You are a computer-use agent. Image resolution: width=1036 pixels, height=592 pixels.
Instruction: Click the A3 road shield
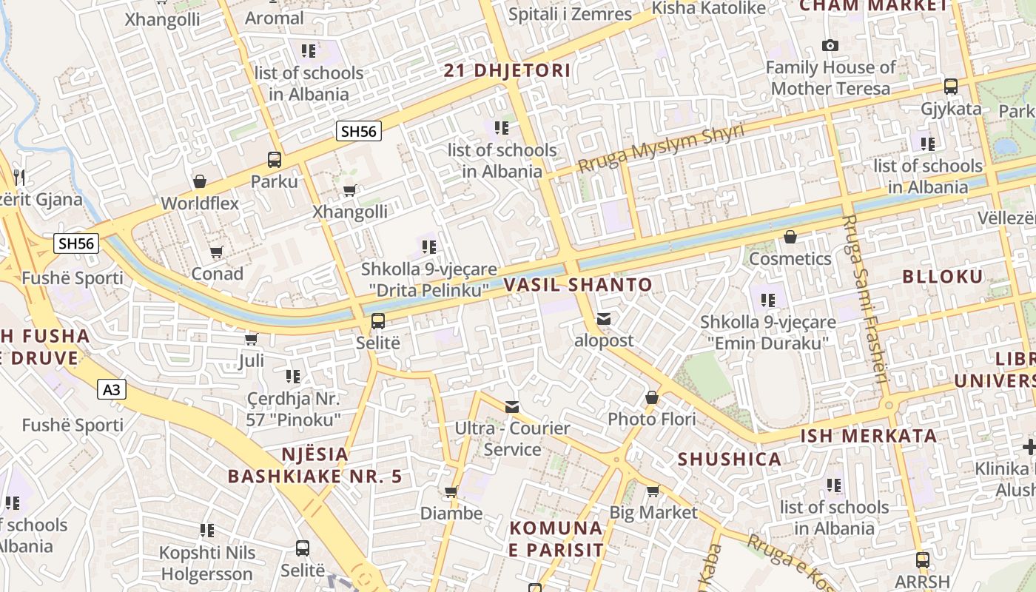(x=111, y=389)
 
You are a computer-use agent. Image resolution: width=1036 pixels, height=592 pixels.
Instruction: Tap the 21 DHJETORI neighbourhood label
(x=507, y=70)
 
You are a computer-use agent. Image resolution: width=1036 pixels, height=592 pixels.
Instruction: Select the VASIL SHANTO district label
(x=578, y=285)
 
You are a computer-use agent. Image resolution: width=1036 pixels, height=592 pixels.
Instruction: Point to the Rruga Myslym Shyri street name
(x=660, y=149)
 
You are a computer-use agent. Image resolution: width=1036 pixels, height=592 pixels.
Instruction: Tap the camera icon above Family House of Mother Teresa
(x=830, y=46)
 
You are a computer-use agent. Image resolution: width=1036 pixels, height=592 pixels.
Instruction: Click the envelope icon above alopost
(x=604, y=319)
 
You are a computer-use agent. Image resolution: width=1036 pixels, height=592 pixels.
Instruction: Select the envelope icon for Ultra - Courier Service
(x=511, y=406)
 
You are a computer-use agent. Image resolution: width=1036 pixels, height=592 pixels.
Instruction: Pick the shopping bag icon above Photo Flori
(x=651, y=398)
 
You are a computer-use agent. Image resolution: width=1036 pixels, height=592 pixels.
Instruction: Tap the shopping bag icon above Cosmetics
(x=790, y=237)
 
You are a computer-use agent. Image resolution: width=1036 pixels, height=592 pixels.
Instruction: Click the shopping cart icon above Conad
(x=216, y=252)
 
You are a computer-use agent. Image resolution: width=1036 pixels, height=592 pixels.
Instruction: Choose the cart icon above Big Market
(x=653, y=491)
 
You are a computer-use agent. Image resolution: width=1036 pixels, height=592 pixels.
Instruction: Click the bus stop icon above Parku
(x=274, y=159)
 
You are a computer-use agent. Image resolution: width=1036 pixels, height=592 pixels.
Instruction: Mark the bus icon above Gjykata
(x=951, y=87)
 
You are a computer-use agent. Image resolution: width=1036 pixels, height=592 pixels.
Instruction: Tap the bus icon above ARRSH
(x=922, y=559)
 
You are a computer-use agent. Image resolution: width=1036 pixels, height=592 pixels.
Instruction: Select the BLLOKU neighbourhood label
(x=942, y=277)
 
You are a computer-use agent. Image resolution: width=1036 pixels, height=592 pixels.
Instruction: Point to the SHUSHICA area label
(x=729, y=459)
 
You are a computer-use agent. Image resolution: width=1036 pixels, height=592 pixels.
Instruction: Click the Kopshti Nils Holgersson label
(x=208, y=563)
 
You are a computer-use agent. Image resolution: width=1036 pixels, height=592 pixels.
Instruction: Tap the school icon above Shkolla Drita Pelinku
(x=428, y=246)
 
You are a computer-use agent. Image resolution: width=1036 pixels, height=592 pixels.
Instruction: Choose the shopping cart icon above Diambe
(x=451, y=491)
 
